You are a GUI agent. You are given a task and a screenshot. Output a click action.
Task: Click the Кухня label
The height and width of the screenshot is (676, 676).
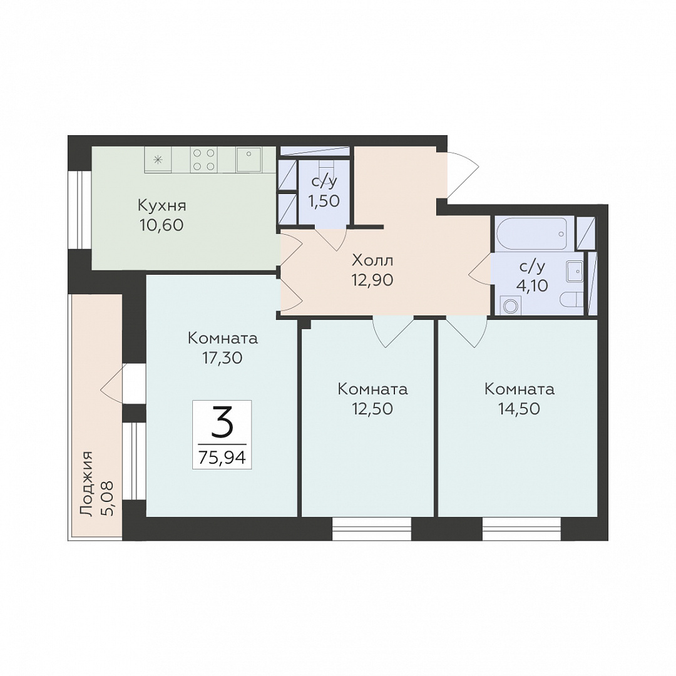[161, 206]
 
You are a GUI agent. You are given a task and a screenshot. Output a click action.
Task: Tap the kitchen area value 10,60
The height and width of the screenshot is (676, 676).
[161, 225]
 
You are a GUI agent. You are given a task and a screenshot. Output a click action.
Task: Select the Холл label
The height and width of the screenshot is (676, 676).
[372, 260]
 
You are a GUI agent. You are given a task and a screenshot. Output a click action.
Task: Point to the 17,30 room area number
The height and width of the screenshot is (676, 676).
[222, 357]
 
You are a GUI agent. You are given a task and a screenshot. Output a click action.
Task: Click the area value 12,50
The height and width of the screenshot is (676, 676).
[372, 409]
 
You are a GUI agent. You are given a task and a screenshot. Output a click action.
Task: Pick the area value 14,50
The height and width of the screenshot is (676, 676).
[519, 409]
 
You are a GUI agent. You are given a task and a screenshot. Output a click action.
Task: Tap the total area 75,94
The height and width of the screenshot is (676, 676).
[222, 457]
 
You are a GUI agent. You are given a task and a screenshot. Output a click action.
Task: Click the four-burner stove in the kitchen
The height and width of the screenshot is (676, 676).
[203, 159]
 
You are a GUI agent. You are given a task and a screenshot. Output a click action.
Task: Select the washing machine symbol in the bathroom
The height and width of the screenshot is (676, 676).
[511, 305]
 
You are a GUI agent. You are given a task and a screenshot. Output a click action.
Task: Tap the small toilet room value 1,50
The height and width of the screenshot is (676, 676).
[324, 201]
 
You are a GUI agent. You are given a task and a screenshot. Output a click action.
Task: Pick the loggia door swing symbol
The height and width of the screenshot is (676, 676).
[111, 384]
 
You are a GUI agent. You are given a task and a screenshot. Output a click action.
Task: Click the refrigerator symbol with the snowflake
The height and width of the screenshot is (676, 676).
[158, 159]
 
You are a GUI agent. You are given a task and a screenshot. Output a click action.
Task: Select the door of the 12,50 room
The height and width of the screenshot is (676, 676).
[393, 332]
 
